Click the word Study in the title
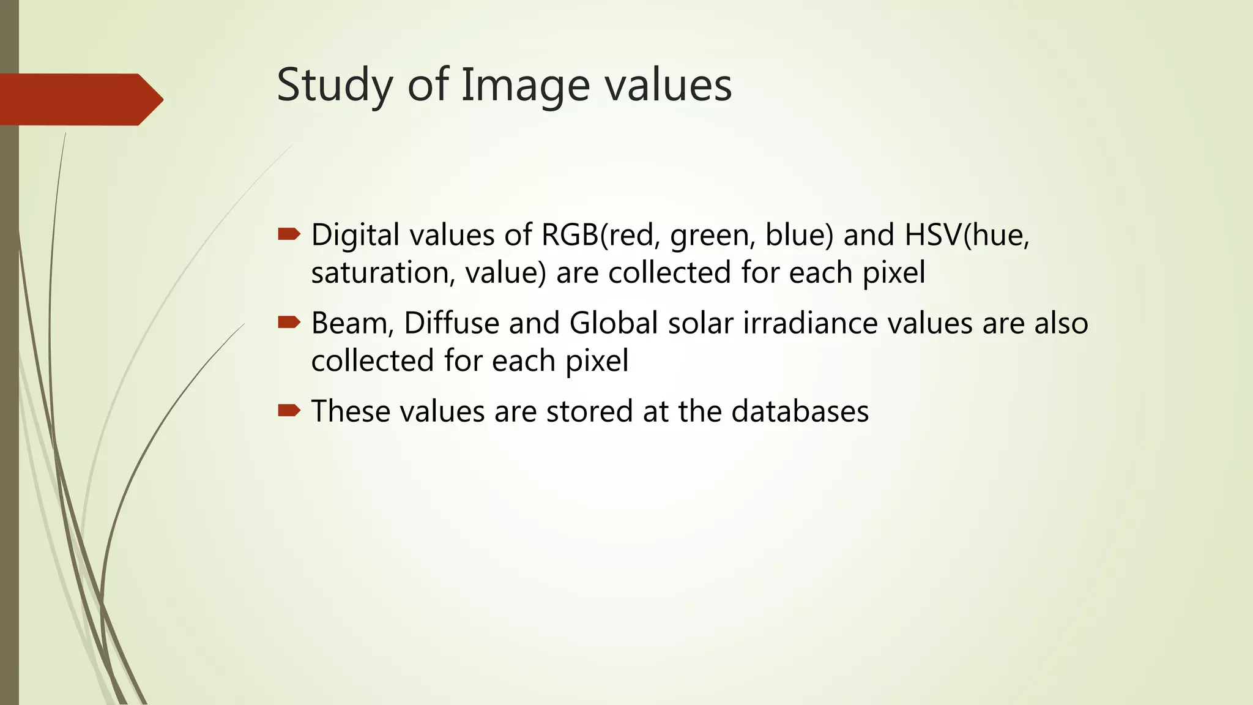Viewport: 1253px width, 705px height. pos(334,85)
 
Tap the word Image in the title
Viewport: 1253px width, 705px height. pos(525,85)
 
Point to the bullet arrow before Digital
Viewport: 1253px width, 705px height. pos(289,234)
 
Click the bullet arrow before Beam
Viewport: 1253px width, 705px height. pos(289,322)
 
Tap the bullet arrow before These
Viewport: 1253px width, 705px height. pos(289,410)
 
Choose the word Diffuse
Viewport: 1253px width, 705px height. pos(451,323)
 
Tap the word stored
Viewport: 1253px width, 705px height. pos(589,411)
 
